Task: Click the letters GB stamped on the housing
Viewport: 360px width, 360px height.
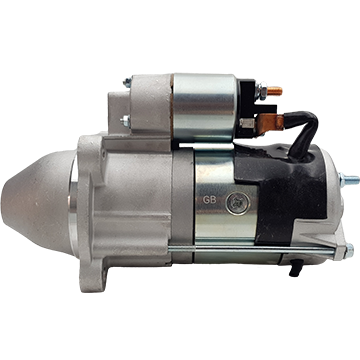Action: click(x=210, y=200)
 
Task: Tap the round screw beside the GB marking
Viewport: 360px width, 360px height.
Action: click(x=237, y=203)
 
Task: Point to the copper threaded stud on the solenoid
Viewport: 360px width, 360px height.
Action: click(x=275, y=91)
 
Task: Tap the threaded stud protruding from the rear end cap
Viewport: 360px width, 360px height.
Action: click(x=349, y=180)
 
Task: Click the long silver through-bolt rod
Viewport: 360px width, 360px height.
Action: click(x=252, y=249)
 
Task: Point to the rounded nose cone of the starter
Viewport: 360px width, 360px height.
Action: click(x=37, y=202)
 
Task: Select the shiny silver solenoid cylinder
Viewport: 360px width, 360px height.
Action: click(x=204, y=107)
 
